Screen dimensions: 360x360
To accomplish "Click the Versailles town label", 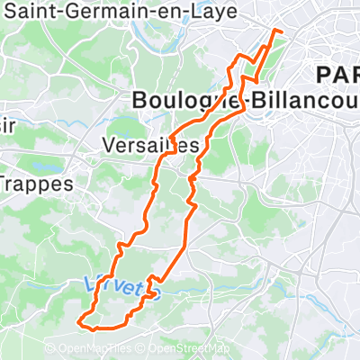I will [150, 144].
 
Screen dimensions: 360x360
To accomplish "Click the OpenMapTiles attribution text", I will [99, 349].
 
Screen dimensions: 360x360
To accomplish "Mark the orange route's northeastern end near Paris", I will [282, 31].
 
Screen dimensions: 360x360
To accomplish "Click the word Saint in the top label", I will [27, 12].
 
